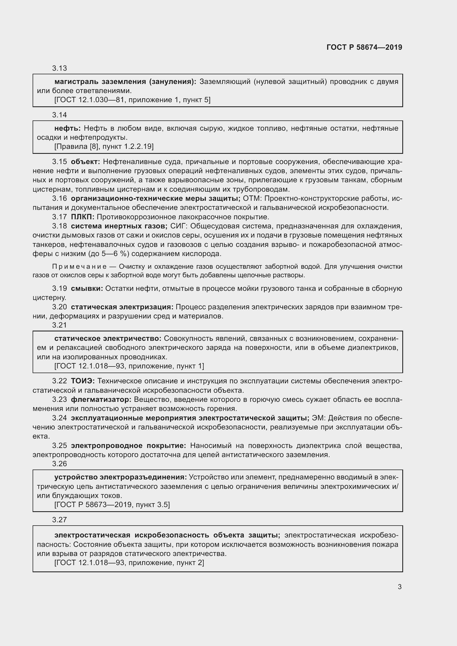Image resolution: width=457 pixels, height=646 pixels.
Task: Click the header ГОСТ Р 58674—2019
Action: [x=364, y=47]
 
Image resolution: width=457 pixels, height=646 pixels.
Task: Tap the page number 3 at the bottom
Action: [x=400, y=587]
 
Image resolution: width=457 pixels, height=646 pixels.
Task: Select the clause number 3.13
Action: [x=59, y=68]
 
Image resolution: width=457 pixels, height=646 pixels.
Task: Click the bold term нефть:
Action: [x=67, y=128]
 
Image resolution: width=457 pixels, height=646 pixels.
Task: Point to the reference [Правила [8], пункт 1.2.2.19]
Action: [x=104, y=146]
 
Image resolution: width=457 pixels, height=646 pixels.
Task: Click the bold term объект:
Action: [x=85, y=162]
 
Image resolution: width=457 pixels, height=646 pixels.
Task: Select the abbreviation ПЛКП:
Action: [x=82, y=217]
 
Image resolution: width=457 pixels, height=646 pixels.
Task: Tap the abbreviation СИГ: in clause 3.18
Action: [x=177, y=226]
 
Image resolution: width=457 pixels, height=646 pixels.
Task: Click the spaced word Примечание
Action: [x=79, y=267]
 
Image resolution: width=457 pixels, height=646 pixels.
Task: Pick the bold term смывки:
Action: [x=87, y=288]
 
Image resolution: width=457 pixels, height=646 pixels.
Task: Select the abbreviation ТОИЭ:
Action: [x=83, y=381]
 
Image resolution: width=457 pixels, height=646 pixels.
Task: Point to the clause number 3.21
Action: [x=59, y=325]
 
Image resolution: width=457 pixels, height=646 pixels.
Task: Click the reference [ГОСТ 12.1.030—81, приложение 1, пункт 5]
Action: [x=132, y=100]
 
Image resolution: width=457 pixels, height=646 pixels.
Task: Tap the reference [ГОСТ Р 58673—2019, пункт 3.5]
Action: [x=112, y=505]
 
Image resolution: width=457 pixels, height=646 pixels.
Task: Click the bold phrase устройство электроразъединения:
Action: [x=120, y=477]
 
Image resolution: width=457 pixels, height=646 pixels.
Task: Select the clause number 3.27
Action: [x=59, y=520]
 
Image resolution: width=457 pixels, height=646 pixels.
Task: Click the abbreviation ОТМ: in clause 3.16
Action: [x=253, y=198]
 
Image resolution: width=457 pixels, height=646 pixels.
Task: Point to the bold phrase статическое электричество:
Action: [x=108, y=338]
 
